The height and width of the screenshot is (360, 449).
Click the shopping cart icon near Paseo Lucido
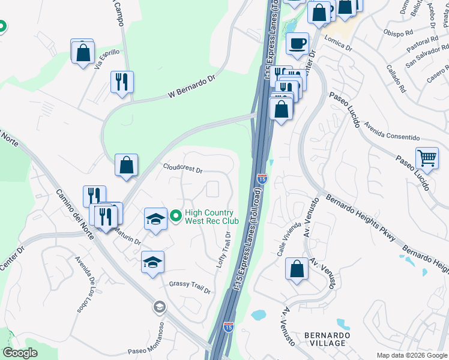coord(427,158)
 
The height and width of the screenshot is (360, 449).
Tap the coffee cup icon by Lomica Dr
coord(297,43)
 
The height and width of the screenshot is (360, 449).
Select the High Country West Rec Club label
coord(211,217)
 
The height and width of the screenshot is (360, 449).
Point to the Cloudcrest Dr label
coord(183,169)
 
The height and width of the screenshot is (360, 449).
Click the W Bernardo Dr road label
coord(191,86)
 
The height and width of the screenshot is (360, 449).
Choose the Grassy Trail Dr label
coord(190,287)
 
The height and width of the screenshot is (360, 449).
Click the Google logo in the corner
coord(20,352)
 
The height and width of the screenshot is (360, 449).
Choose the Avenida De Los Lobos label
coord(86,284)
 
